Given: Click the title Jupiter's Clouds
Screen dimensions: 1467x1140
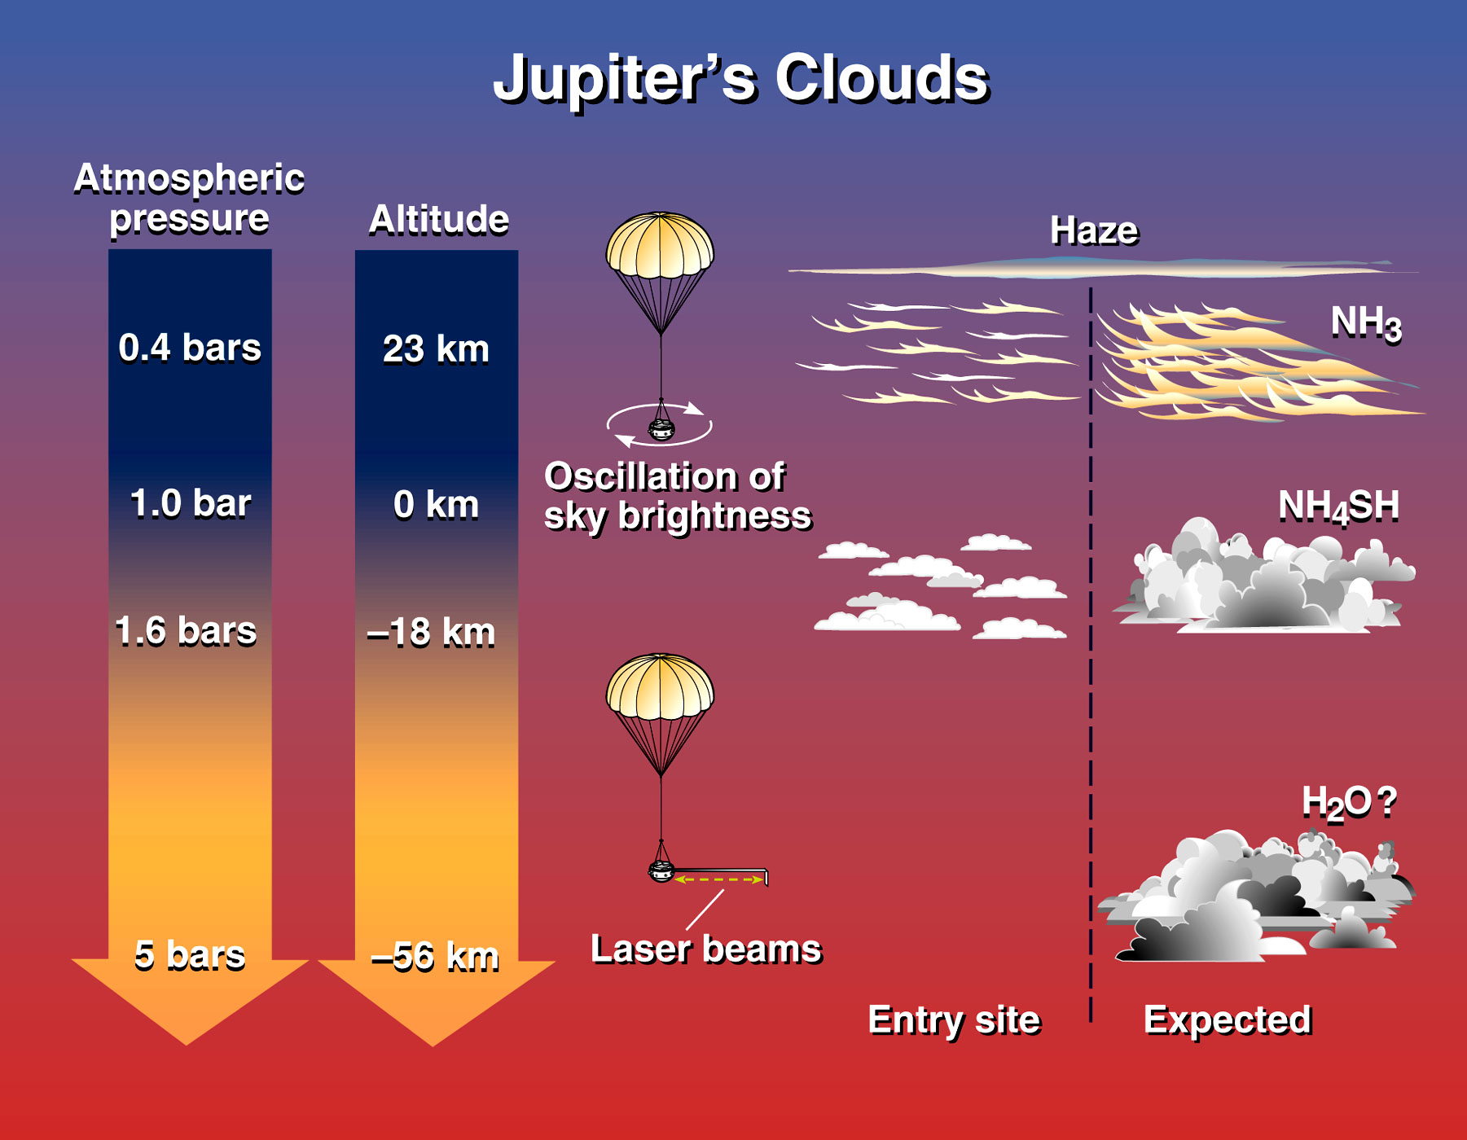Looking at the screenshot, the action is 740,79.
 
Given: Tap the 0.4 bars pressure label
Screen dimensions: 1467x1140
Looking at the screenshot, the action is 190,348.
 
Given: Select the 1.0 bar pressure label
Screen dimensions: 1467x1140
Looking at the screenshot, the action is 191,503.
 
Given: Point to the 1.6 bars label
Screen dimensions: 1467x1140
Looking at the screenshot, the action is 186,631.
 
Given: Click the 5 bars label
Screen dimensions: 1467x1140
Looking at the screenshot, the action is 190,955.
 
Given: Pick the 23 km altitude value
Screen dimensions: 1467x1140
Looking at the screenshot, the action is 437,349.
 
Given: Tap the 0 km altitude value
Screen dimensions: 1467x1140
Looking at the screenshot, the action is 437,505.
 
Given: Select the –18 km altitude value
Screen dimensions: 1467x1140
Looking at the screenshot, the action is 432,633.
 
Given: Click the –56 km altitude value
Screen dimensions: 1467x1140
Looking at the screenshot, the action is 435,957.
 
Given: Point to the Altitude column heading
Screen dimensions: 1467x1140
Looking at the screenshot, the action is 439,220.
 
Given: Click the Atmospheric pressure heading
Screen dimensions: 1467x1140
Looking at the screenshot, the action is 189,199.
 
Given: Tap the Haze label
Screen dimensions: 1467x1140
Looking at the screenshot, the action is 1094,230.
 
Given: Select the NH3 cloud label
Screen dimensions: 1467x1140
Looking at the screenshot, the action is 1366,323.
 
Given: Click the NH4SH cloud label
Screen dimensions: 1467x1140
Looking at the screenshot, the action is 1339,506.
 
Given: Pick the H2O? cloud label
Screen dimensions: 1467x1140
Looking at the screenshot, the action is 1350,803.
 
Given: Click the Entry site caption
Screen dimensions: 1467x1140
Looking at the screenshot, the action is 955,1020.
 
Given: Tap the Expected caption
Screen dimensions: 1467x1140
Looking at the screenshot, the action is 1228,1020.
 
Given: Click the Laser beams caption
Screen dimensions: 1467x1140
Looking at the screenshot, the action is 706,949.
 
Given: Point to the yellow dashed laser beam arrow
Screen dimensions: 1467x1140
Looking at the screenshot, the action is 718,879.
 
